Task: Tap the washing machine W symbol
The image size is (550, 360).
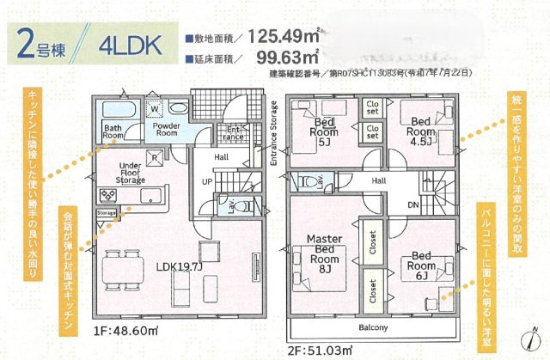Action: tap(155, 109)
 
